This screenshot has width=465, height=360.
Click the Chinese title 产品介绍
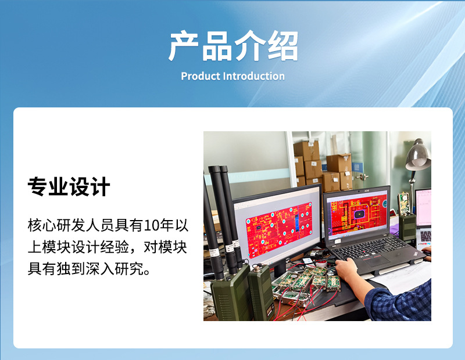(233, 46)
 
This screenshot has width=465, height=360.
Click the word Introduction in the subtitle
(254, 76)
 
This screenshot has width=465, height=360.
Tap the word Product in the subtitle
(201, 76)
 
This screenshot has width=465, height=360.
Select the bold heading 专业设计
(69, 187)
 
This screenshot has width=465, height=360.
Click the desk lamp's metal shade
(418, 156)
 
